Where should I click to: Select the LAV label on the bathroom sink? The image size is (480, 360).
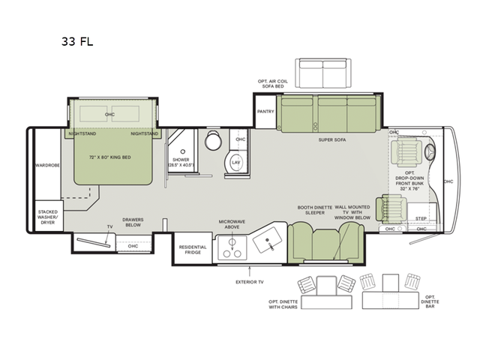pos(235,162)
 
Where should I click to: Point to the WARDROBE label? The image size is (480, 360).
pos(46,164)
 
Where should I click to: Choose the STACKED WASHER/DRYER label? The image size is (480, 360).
pos(48,218)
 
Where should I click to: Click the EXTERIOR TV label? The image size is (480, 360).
pos(250,283)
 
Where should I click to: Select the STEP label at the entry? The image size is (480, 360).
pos(421,219)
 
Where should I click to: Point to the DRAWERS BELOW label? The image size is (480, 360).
pos(133,223)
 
